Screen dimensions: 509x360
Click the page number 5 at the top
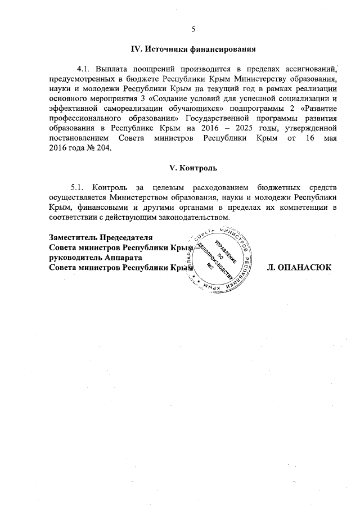tap(193, 29)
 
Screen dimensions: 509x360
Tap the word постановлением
tap(78, 139)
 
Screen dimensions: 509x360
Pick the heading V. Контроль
tap(193, 168)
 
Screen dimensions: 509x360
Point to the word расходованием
tap(217, 187)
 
